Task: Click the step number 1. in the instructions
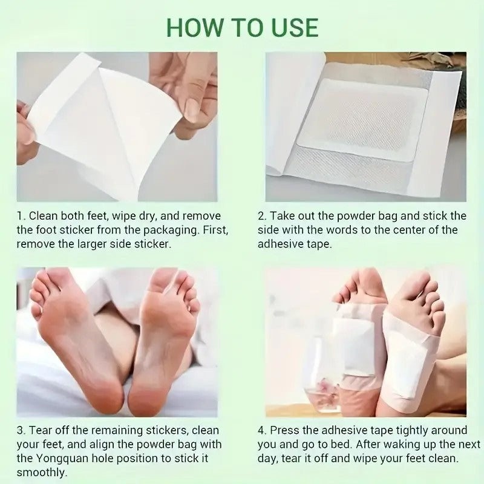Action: (x=21, y=216)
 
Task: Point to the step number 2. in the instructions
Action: (x=263, y=216)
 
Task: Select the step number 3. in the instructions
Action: (x=21, y=430)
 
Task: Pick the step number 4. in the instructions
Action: (x=263, y=430)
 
